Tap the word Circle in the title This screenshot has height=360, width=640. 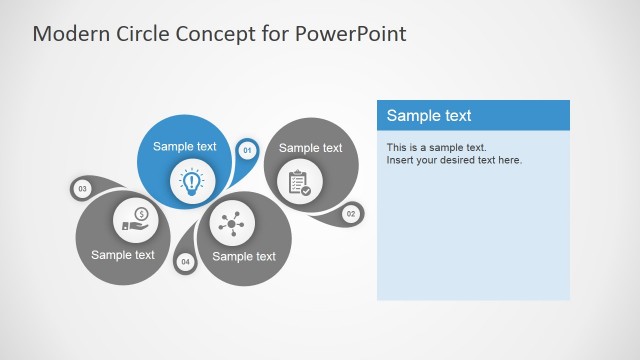click(146, 33)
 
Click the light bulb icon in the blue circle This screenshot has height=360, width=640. click(190, 181)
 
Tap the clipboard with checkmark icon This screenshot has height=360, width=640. click(299, 183)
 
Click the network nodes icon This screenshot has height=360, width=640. click(232, 224)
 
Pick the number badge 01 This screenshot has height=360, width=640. click(246, 151)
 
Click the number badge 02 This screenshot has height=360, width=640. click(350, 213)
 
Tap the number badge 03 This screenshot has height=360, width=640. click(82, 188)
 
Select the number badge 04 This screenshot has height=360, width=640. click(185, 262)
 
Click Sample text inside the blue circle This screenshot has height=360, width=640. click(184, 147)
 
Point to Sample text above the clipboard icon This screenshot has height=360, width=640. click(310, 148)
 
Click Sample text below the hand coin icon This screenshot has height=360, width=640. click(123, 254)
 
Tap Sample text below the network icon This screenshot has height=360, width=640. click(244, 256)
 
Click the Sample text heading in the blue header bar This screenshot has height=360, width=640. click(429, 116)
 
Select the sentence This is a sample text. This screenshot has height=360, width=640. click(436, 148)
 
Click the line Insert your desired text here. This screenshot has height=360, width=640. click(454, 160)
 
